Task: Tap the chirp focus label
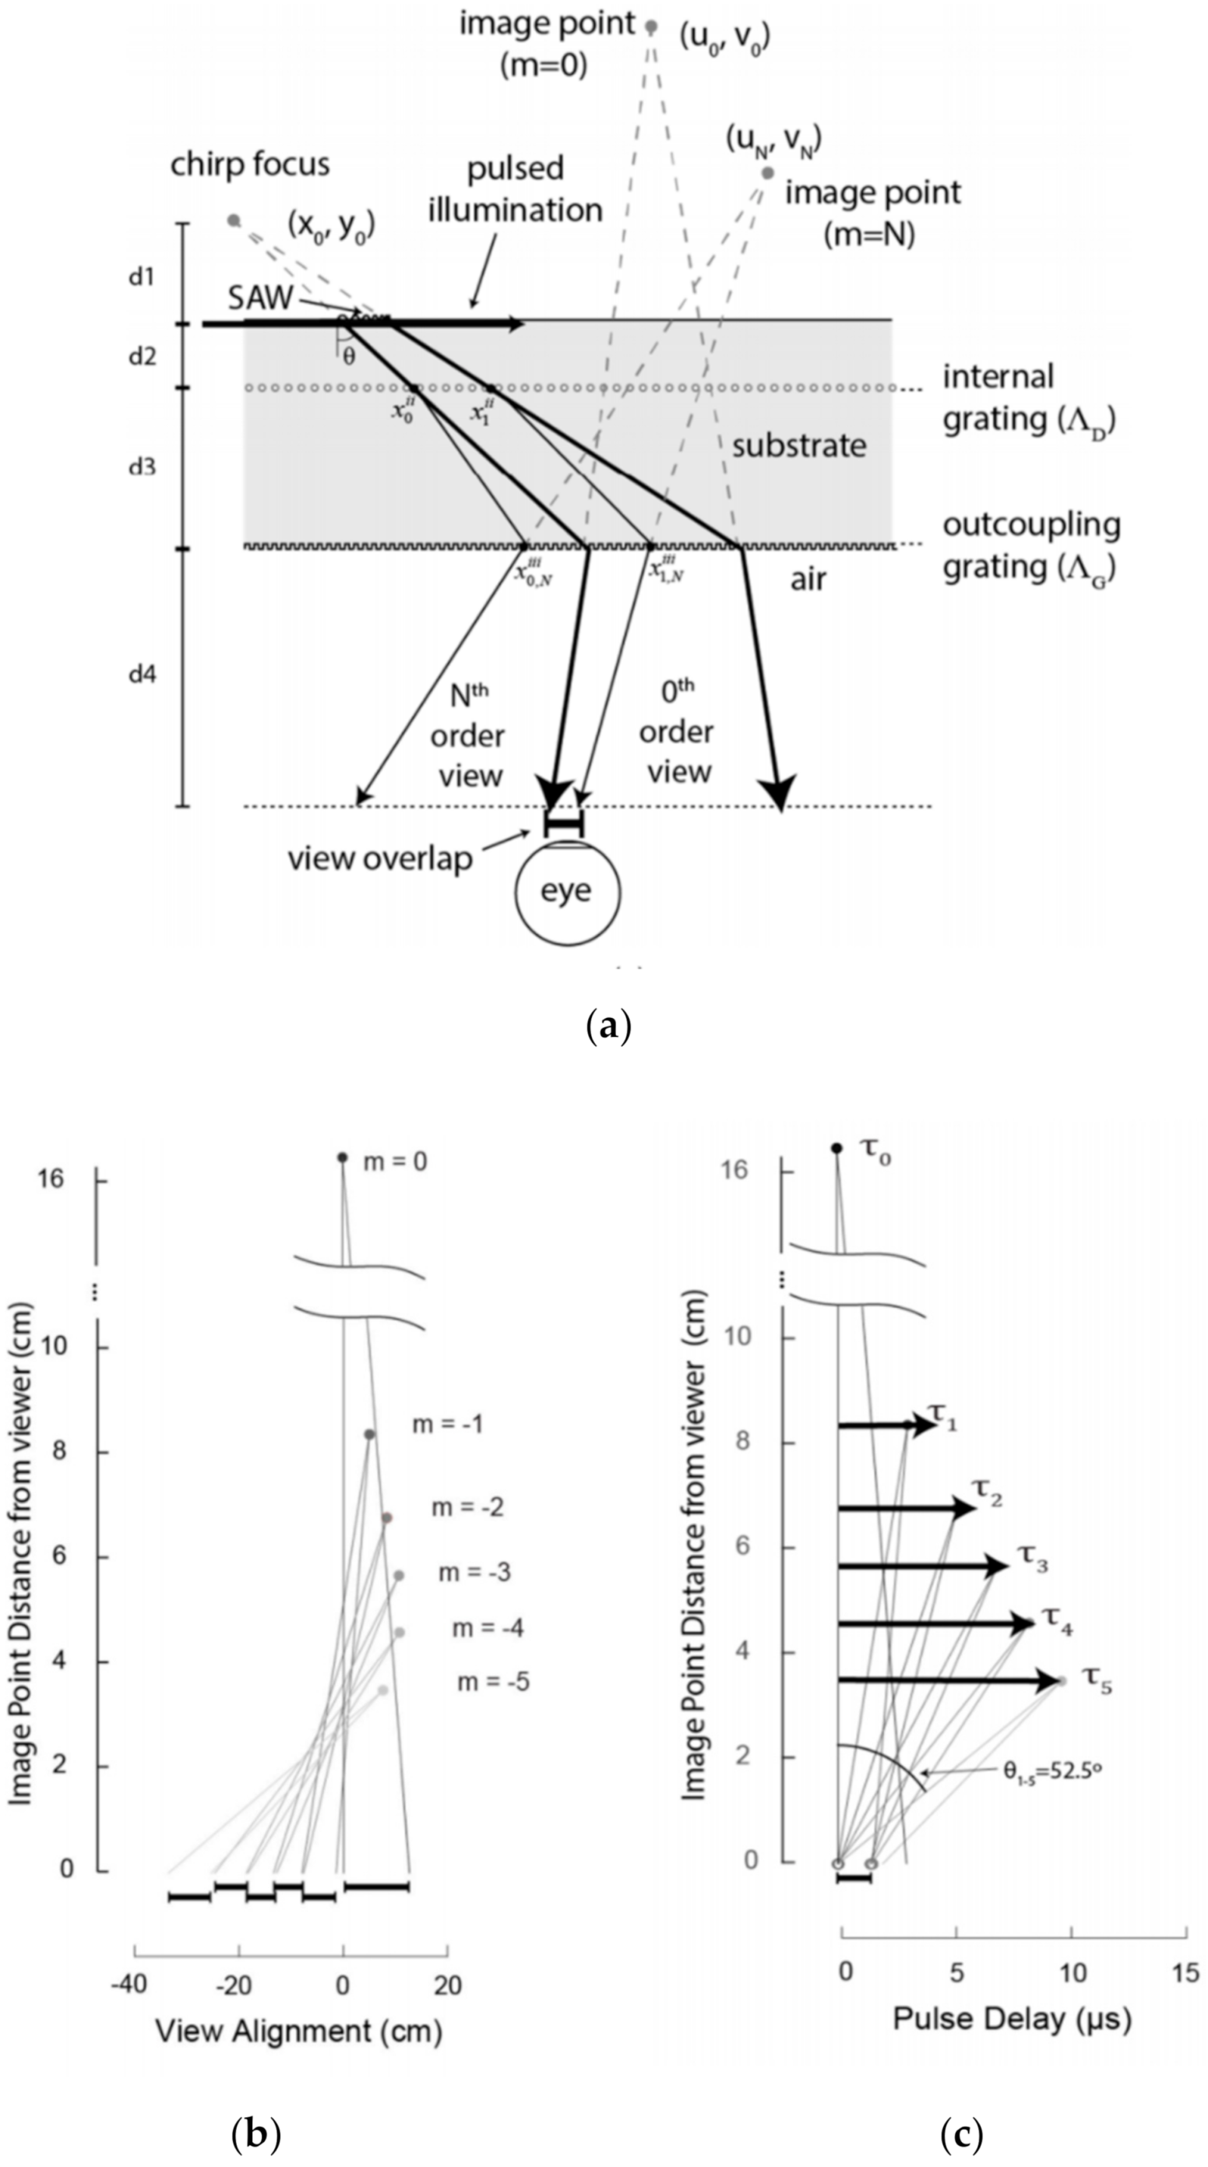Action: [x=250, y=164]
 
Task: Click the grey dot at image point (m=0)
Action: [x=650, y=27]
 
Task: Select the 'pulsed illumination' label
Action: [x=515, y=189]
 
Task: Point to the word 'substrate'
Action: [x=798, y=445]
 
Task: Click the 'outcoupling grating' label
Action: [x=1030, y=546]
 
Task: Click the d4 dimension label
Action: [x=143, y=674]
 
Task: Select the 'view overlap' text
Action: [x=379, y=859]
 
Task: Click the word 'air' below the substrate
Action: [x=808, y=580]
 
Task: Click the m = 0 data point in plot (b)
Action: [x=343, y=1158]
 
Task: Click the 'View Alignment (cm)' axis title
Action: [x=298, y=2031]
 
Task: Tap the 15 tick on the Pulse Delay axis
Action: [x=1185, y=1974]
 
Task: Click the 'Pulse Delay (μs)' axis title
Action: [x=1011, y=2019]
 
